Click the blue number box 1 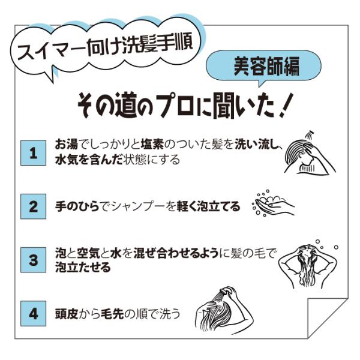tap(33, 153)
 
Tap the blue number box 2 tap(33, 206)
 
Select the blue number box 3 tap(33, 260)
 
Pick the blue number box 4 tap(33, 314)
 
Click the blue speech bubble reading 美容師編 tap(263, 66)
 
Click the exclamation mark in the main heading tap(285, 105)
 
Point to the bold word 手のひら tap(77, 206)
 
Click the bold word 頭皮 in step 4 tap(67, 314)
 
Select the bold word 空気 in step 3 tap(88, 253)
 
